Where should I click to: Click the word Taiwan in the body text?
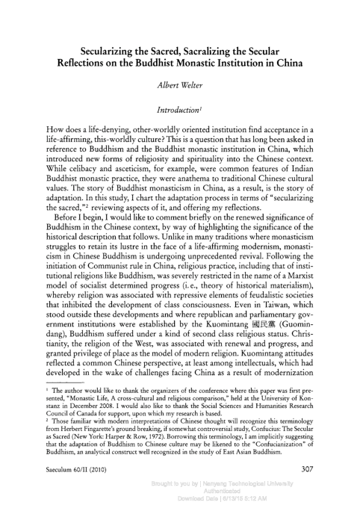click(x=285, y=283)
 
